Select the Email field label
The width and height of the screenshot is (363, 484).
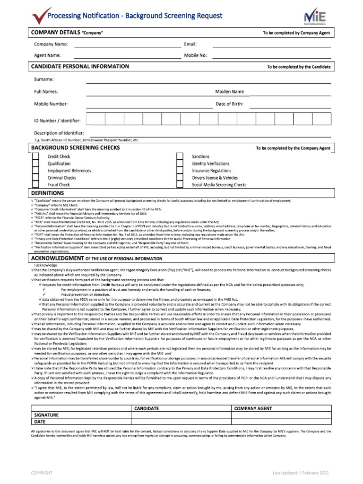point(190,44)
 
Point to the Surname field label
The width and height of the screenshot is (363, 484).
point(43,79)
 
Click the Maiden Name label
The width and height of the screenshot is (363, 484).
point(230,92)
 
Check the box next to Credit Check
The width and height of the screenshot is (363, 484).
point(35,156)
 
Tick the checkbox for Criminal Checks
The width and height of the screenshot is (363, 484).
point(35,178)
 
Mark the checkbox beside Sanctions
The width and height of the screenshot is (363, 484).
point(180,156)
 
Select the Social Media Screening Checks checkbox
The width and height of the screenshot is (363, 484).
point(180,185)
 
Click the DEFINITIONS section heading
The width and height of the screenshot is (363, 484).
point(47,193)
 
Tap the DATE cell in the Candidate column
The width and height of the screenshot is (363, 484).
point(181,422)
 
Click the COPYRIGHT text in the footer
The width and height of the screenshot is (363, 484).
point(42,473)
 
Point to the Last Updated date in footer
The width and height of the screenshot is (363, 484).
point(300,473)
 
